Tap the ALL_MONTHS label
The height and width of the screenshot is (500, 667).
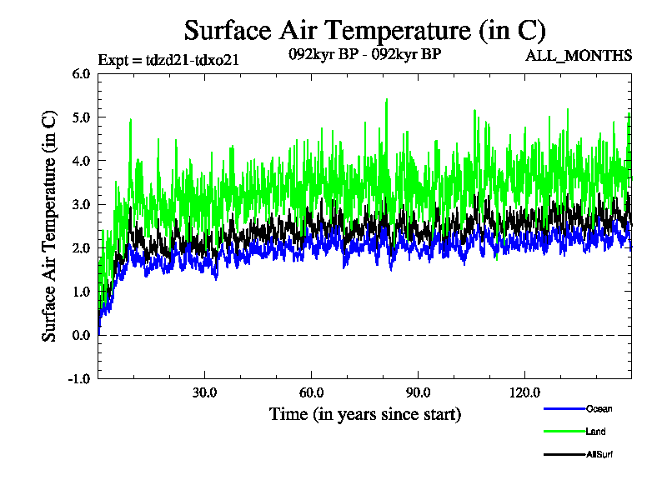[x=579, y=56]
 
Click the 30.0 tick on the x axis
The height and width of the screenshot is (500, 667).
[x=204, y=392]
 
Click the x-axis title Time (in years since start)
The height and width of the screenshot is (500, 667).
[x=364, y=414]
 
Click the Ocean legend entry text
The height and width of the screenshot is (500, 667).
[x=599, y=408]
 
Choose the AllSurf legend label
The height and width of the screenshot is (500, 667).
[x=599, y=455]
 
